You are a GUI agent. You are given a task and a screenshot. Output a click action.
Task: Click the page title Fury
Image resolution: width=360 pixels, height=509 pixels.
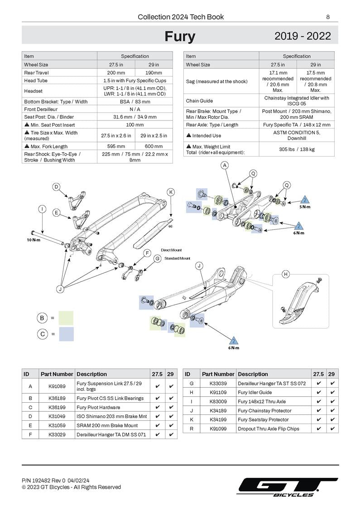pyautogui.click(x=180, y=36)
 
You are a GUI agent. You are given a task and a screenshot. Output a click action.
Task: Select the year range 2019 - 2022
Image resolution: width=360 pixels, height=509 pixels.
pyautogui.click(x=302, y=36)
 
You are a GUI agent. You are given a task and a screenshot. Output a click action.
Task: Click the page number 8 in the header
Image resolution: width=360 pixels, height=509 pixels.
pyautogui.click(x=327, y=17)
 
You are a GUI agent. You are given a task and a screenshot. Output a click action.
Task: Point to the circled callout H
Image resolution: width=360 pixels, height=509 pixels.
pyautogui.click(x=286, y=274)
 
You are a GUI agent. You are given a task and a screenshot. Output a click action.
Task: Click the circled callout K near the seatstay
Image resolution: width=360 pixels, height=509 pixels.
pyautogui.click(x=171, y=192)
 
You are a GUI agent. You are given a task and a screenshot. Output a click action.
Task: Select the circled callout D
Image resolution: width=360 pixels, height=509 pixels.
pyautogui.click(x=57, y=187)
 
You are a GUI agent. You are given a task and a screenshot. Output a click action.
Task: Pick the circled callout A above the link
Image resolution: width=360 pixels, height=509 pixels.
pyautogui.click(x=225, y=166)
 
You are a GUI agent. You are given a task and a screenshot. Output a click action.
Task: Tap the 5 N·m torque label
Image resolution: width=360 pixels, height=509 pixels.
pyautogui.click(x=305, y=207)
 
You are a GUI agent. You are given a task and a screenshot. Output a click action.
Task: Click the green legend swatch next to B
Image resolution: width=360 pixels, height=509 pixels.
pyautogui.click(x=66, y=318)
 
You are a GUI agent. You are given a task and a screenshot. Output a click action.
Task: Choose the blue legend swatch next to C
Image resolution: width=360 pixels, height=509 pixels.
pyautogui.click(x=66, y=334)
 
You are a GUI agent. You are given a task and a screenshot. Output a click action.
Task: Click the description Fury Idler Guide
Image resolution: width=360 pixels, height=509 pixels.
pyautogui.click(x=255, y=392)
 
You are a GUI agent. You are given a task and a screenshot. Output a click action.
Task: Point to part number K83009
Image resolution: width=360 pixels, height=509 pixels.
pyautogui.click(x=218, y=401)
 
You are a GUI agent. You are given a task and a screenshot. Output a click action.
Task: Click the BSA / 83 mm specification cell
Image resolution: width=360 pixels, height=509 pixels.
pyautogui.click(x=135, y=102)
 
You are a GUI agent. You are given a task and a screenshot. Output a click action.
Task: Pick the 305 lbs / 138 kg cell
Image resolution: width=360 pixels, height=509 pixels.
pyautogui.click(x=297, y=149)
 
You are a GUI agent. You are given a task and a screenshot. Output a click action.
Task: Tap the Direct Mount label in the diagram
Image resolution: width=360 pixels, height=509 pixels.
pyautogui.click(x=171, y=250)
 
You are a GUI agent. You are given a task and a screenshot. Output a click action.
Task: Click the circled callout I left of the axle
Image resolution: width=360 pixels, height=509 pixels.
pyautogui.click(x=43, y=209)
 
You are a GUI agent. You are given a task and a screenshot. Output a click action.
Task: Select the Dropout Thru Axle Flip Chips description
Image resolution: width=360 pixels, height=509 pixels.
pyautogui.click(x=269, y=428)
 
